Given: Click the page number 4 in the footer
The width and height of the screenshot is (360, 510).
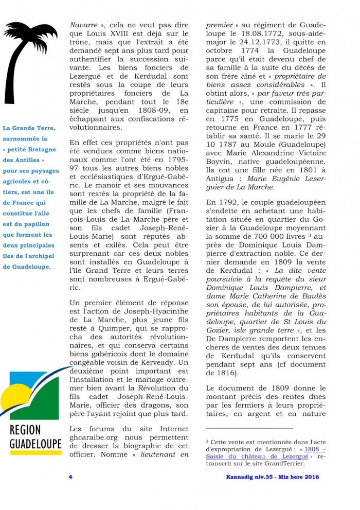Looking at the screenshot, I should pyautogui.click(x=70, y=477).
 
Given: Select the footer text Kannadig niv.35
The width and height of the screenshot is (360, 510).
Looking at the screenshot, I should pyautogui.click(x=252, y=477).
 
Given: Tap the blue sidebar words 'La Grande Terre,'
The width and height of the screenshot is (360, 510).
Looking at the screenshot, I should pyautogui.click(x=29, y=128).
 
